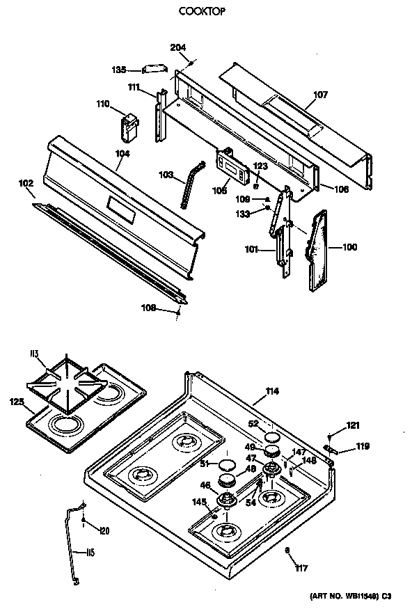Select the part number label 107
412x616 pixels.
pos(320,96)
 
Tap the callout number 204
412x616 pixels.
pos(178,47)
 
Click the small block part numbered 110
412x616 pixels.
pos(126,125)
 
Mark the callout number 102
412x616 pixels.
pos(26,184)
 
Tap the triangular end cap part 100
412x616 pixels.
pos(319,247)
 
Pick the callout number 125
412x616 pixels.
pos(17,401)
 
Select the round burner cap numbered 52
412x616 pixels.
pos(271,436)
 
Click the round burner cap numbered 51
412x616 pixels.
pos(227,465)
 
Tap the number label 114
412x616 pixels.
pos(271,392)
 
